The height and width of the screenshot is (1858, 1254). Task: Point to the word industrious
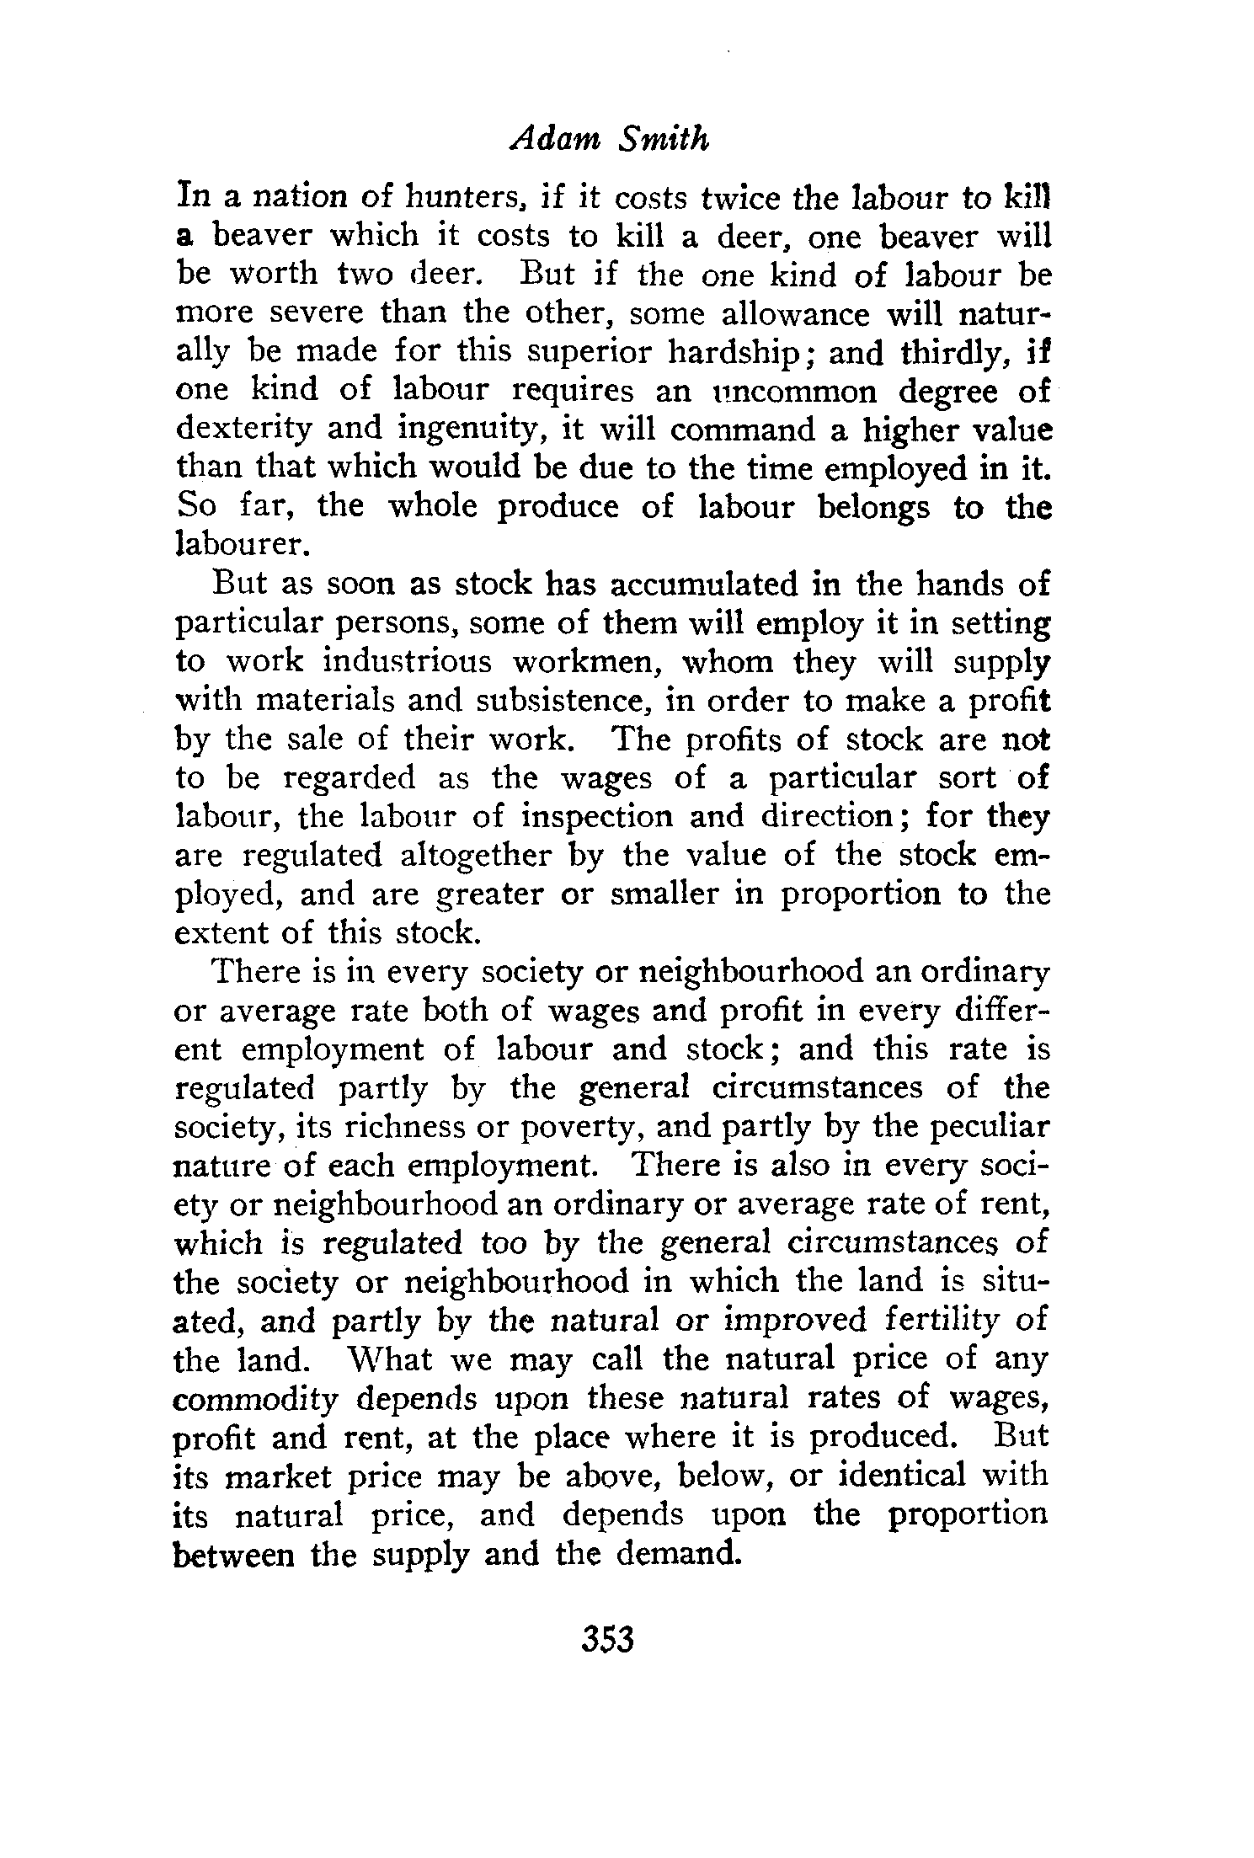[x=408, y=661]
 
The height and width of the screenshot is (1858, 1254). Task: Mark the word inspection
[x=592, y=817]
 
